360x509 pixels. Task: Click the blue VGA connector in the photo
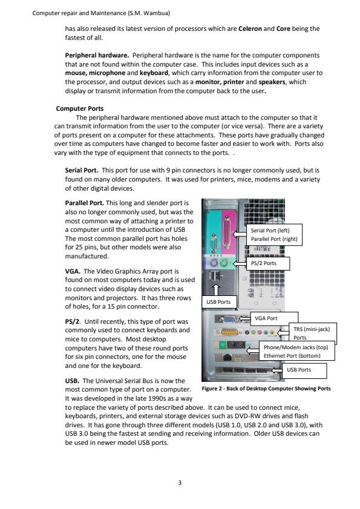point(229,319)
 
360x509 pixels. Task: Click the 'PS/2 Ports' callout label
point(264,263)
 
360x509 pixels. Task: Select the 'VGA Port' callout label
point(266,318)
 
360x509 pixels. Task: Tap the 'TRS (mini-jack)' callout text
point(312,329)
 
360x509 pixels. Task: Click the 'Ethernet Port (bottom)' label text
point(292,356)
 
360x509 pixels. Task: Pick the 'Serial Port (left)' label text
point(270,231)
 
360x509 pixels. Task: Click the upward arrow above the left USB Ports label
point(216,289)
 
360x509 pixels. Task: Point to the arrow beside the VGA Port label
point(244,318)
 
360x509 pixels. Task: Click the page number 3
point(180,483)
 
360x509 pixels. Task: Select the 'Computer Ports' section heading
point(79,108)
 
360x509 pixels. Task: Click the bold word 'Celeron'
point(250,28)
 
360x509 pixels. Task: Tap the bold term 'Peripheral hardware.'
point(97,55)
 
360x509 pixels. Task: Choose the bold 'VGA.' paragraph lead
point(73,271)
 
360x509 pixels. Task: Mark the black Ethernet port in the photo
point(228,358)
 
